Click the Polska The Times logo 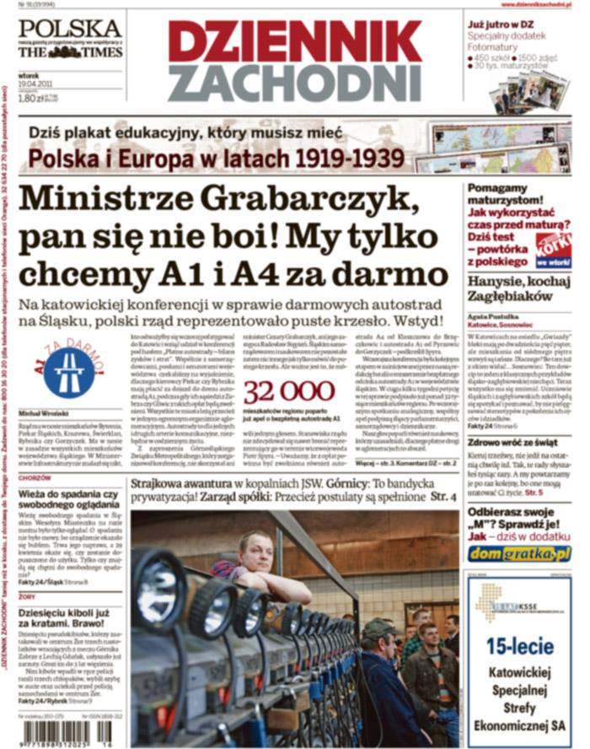coord(70,39)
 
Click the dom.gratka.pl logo coord(521,553)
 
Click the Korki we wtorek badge coord(555,246)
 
